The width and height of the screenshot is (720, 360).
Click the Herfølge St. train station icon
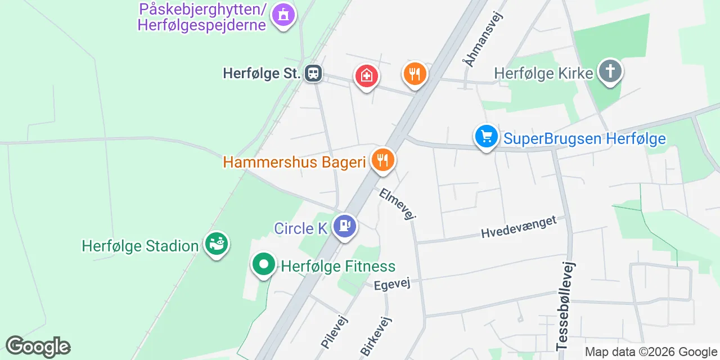pyautogui.click(x=313, y=73)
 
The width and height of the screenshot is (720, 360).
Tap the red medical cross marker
pyautogui.click(x=366, y=75)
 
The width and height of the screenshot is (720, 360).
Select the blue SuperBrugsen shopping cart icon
pyautogui.click(x=487, y=136)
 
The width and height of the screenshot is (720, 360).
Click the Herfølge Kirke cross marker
pyautogui.click(x=610, y=71)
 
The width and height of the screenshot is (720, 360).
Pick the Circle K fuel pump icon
pyautogui.click(x=345, y=226)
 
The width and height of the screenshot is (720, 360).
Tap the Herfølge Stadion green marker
pyautogui.click(x=217, y=244)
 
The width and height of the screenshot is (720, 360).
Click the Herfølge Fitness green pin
pyautogui.click(x=263, y=264)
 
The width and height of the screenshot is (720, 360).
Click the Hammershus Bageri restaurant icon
pyautogui.click(x=382, y=160)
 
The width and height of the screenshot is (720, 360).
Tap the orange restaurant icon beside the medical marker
pyautogui.click(x=415, y=74)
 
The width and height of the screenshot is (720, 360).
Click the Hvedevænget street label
pyautogui.click(x=519, y=227)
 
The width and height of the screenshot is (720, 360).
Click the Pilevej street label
pyautogui.click(x=335, y=331)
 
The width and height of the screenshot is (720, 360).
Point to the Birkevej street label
pyautogui.click(x=376, y=336)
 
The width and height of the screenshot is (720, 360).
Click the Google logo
pyautogui.click(x=38, y=346)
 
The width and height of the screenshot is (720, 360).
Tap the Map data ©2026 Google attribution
pyautogui.click(x=650, y=352)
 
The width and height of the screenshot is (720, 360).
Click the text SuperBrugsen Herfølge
pyautogui.click(x=584, y=138)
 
